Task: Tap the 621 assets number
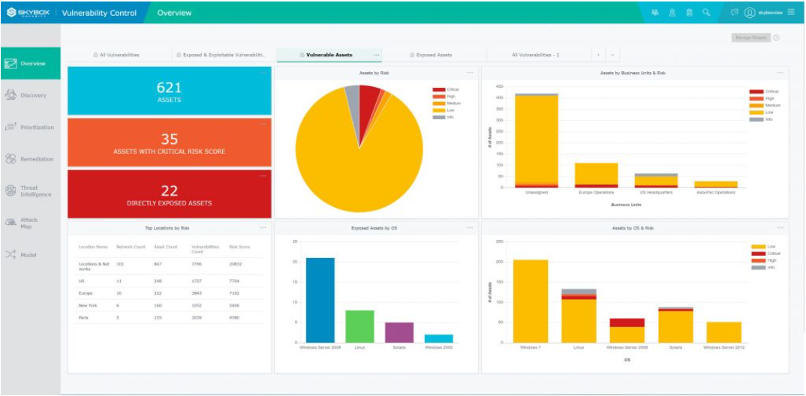coord(169,88)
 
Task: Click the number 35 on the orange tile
coord(169,139)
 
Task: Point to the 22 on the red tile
coord(169,190)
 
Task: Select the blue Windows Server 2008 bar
coord(320,300)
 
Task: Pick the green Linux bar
coord(359,326)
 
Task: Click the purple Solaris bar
coord(399,332)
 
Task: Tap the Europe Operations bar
coord(596,175)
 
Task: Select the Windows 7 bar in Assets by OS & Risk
coord(530,301)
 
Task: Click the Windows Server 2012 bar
coord(723,332)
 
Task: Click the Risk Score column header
coord(239,246)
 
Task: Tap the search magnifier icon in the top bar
coord(706,12)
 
